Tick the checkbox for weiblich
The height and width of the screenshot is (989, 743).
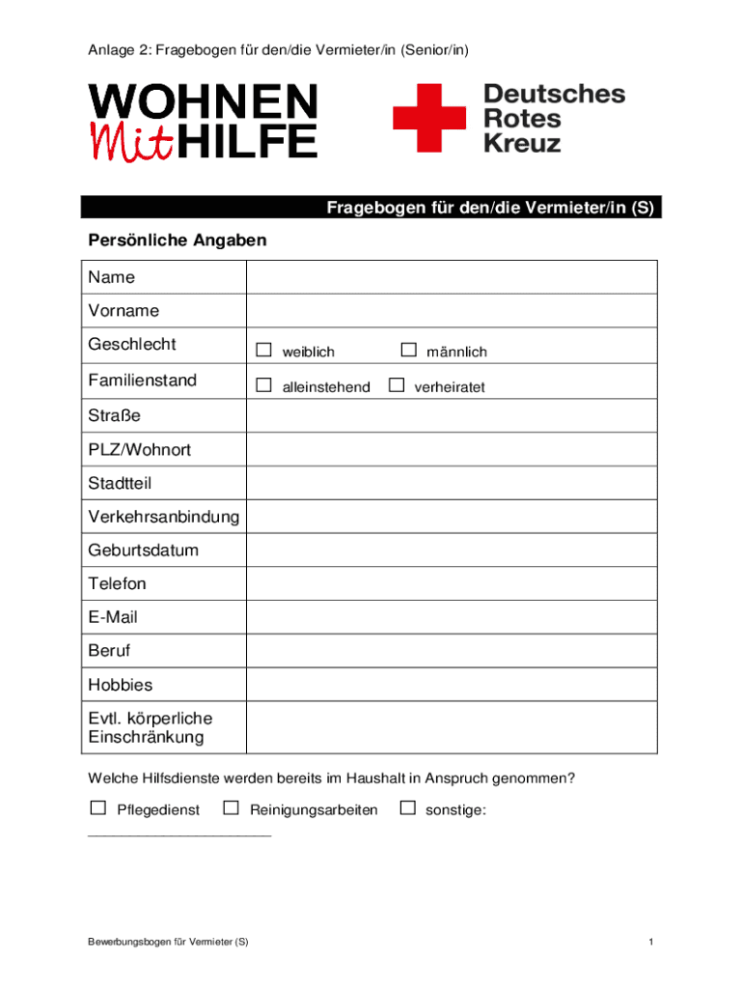[x=263, y=350]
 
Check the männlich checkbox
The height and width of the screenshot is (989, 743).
[x=408, y=350]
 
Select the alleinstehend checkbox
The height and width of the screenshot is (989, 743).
[x=263, y=385]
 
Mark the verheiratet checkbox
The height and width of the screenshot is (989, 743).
[x=396, y=385]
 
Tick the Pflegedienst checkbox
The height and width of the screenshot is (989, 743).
[x=97, y=807]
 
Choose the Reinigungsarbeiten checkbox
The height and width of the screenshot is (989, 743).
[x=231, y=807]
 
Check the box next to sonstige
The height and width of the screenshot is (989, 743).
[x=407, y=807]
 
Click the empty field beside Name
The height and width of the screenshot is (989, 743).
[x=452, y=277]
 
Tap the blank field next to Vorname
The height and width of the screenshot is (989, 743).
[x=452, y=311]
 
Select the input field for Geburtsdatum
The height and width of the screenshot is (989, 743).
[x=452, y=551]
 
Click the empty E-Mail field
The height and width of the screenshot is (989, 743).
[x=452, y=617]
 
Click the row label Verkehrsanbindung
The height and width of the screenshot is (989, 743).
[x=164, y=517]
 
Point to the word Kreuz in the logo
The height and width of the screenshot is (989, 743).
[x=522, y=143]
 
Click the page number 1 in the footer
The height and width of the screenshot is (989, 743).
[x=652, y=942]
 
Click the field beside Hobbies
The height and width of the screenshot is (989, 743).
[x=452, y=685]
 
